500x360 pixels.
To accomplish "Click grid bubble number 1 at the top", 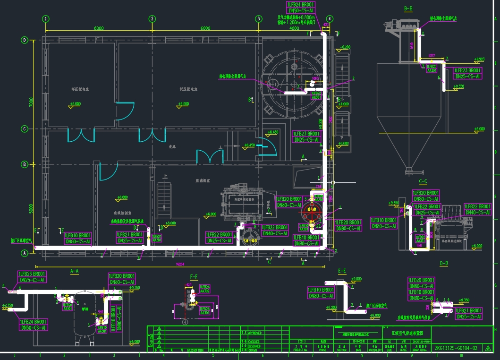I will pyautogui.click(x=46, y=19).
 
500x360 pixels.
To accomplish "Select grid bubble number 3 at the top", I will pyautogui.click(x=258, y=19).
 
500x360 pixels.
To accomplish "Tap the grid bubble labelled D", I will pyautogui.click(x=25, y=40).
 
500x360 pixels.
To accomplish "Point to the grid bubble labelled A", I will pyautogui.click(x=25, y=253).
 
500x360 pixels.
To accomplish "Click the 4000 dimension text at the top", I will pyautogui.click(x=294, y=28).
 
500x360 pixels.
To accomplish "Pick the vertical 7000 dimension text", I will pyautogui.click(x=30, y=102).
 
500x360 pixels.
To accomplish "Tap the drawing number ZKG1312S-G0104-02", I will pyautogui.click(x=455, y=348).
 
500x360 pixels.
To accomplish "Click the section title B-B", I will pyautogui.click(x=408, y=9).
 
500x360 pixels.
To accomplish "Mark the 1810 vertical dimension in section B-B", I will pyautogui.click(x=412, y=46).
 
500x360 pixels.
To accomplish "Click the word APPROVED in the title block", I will pyautogui.click(x=254, y=333).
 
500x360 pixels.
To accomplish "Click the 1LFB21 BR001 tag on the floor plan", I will pyautogui.click(x=129, y=234).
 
